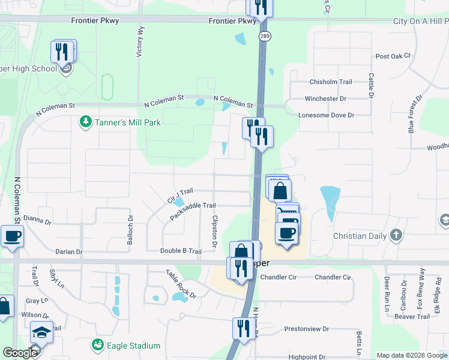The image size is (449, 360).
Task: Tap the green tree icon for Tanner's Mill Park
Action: coord(86,122)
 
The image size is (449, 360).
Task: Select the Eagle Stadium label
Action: coord(133,346)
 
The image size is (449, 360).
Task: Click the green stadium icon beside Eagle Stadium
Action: coord(97,345)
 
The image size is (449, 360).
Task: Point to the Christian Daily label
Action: coord(358,236)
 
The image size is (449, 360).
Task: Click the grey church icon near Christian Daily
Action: coord(396,235)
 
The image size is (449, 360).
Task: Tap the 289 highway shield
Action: coord(265,37)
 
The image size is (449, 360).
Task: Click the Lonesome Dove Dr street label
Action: coord(327,115)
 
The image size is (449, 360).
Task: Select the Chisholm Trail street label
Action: coord(331,82)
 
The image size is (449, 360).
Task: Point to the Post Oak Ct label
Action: coord(393,56)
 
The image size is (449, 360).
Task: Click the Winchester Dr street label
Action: coord(326,98)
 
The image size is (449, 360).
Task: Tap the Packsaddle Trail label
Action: coord(193,211)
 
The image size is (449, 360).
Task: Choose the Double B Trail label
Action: coord(181,251)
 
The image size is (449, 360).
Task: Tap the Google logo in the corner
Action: coord(20,353)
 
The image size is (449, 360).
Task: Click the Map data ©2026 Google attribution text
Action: coord(412,355)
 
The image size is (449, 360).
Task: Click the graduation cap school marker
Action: coord(41,332)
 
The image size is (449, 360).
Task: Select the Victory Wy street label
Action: coord(140,41)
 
